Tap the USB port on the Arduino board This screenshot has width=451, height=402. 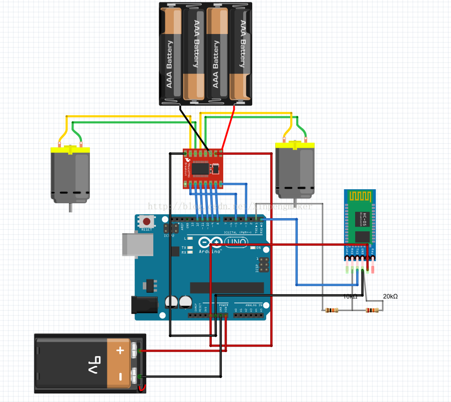(134, 244)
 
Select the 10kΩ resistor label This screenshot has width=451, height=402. (350, 297)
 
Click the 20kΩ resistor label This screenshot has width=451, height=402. (390, 297)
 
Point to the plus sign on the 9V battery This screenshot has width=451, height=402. (120, 351)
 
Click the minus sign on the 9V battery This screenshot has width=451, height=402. (120, 376)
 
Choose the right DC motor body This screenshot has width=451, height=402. (295, 170)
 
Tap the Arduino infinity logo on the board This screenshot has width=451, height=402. (210, 243)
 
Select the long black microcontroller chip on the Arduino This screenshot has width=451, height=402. (227, 288)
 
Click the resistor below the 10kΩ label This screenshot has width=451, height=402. (331, 310)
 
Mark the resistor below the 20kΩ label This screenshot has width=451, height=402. (372, 310)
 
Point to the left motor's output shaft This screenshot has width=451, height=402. (70, 207)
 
